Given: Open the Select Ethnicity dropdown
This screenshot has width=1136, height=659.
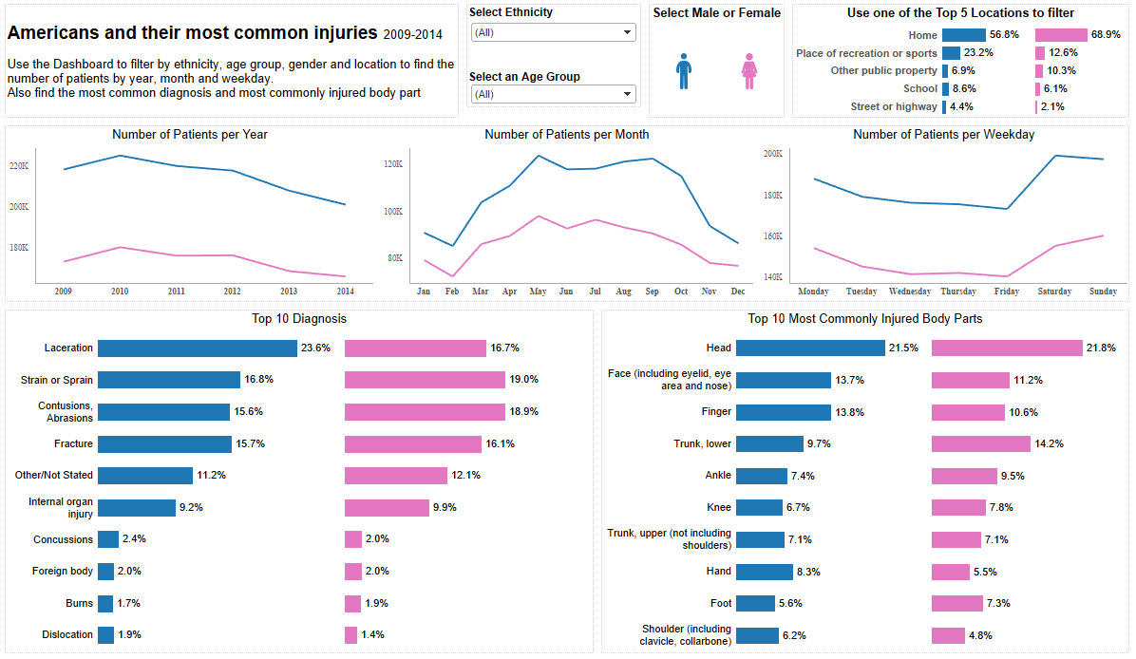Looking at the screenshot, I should [x=553, y=32].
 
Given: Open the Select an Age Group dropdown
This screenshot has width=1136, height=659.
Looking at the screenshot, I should [x=553, y=94].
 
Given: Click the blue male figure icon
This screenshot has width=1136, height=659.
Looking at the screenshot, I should [x=684, y=71].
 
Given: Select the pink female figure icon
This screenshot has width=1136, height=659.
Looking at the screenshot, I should [x=748, y=71].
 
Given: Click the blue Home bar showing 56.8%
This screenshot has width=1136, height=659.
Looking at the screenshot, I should [x=963, y=35].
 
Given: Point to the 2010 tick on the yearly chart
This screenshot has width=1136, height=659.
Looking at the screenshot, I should [x=120, y=291].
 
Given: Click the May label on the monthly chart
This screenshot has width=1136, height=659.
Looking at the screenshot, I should [x=538, y=291].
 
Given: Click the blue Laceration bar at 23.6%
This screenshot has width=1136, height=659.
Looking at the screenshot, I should [x=197, y=348].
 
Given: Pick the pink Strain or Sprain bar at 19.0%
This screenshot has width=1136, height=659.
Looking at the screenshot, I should [x=425, y=380].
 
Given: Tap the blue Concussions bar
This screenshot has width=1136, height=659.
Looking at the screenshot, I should [x=108, y=539].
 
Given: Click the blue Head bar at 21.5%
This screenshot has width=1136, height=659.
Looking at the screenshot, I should [x=810, y=348].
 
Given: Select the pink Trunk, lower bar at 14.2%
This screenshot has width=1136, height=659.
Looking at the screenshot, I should [x=980, y=443].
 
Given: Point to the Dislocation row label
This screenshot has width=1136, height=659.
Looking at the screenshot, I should [x=67, y=634].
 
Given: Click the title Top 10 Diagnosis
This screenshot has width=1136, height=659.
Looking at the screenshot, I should [x=298, y=319].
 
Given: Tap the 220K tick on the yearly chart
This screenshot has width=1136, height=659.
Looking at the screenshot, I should [x=19, y=166].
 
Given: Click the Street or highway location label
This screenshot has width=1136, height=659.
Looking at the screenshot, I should [x=893, y=106].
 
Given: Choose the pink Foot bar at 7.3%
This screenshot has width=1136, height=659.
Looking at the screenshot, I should [x=956, y=603].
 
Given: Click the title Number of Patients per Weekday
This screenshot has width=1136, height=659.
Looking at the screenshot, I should [x=943, y=135].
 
